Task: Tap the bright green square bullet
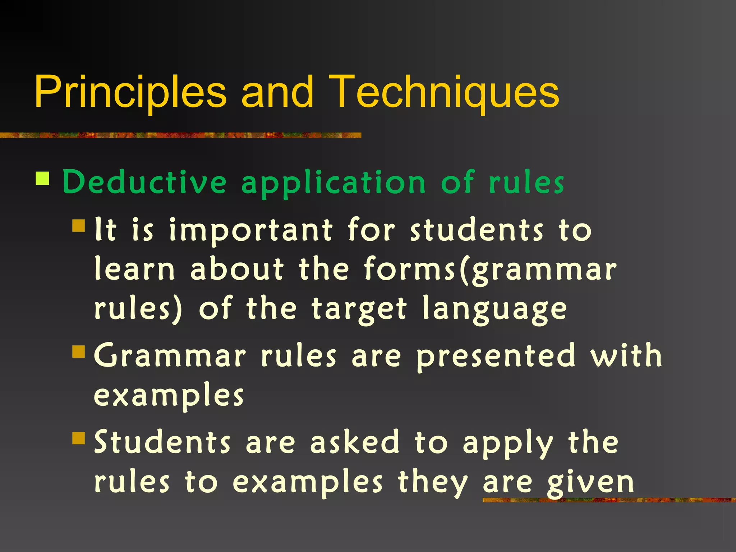click(42, 178)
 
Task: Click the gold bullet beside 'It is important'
click(78, 226)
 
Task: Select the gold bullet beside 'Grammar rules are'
click(78, 352)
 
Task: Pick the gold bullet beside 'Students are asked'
click(78, 438)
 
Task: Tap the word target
click(359, 309)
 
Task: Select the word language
click(494, 309)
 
